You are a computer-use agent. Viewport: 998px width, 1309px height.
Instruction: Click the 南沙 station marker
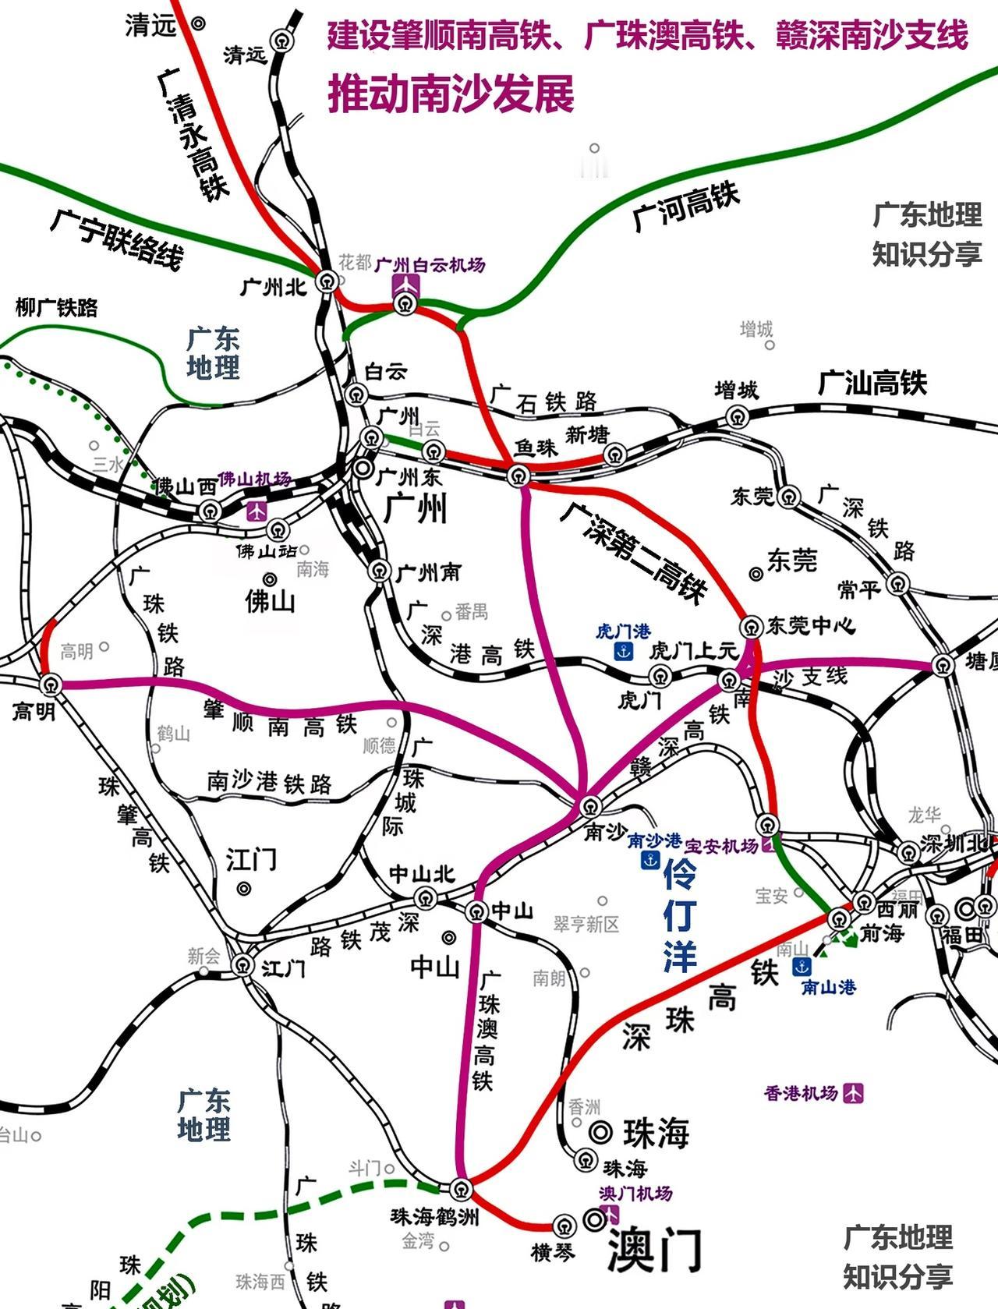pos(590,805)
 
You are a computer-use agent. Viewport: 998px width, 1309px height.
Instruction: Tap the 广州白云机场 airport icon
pos(405,285)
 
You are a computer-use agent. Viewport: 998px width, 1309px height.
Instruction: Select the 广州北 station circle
pos(327,281)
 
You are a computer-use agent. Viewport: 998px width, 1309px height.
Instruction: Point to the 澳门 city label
pos(653,1249)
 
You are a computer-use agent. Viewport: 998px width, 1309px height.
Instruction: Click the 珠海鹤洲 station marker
pos(460,1189)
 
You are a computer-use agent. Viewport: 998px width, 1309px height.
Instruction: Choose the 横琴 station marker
pos(564,1225)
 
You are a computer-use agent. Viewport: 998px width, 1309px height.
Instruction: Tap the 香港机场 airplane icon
pos(854,1093)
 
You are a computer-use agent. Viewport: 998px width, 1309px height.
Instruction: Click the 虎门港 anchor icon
pos(623,651)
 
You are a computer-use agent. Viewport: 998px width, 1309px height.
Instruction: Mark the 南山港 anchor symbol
pos(801,968)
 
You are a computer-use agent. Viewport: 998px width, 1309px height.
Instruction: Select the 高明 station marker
pos(51,685)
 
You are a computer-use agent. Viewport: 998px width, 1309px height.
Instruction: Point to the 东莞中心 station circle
pos(751,626)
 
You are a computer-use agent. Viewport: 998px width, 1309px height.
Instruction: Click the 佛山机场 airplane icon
pos(256,511)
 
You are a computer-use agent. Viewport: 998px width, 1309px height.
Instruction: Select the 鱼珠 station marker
pos(518,475)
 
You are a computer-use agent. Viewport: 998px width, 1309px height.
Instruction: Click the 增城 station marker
pos(738,417)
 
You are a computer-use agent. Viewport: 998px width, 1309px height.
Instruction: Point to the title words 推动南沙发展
pos(451,94)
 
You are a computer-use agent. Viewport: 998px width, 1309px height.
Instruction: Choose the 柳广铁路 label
pos(57,308)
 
